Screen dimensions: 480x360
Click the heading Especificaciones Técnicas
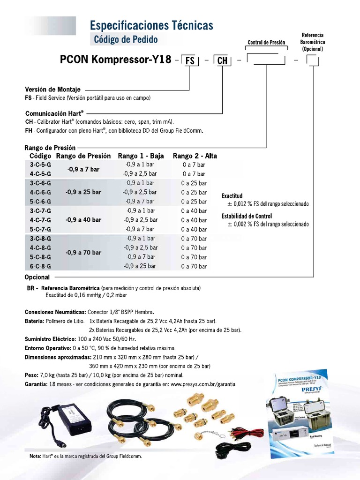click(151, 25)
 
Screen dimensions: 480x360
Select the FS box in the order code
click(190, 61)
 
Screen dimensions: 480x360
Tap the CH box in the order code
click(223, 61)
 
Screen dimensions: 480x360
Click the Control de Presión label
click(266, 43)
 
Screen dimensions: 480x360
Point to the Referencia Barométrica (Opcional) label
click(312, 42)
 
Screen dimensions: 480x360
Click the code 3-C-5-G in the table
click(40, 165)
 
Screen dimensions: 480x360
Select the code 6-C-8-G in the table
click(40, 266)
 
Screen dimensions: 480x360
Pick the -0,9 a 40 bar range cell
click(83, 220)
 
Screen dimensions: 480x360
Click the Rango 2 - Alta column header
click(195, 156)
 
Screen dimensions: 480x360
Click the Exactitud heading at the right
click(232, 196)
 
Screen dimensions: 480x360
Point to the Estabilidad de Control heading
click(247, 216)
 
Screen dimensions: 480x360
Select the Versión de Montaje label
click(52, 89)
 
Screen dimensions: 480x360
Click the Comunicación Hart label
click(54, 113)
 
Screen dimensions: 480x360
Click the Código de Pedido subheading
click(126, 40)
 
